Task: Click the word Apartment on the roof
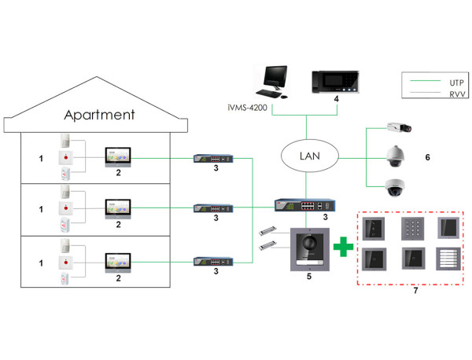tap(99, 115)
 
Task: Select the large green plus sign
tap(341, 248)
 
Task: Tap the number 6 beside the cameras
tap(427, 157)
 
